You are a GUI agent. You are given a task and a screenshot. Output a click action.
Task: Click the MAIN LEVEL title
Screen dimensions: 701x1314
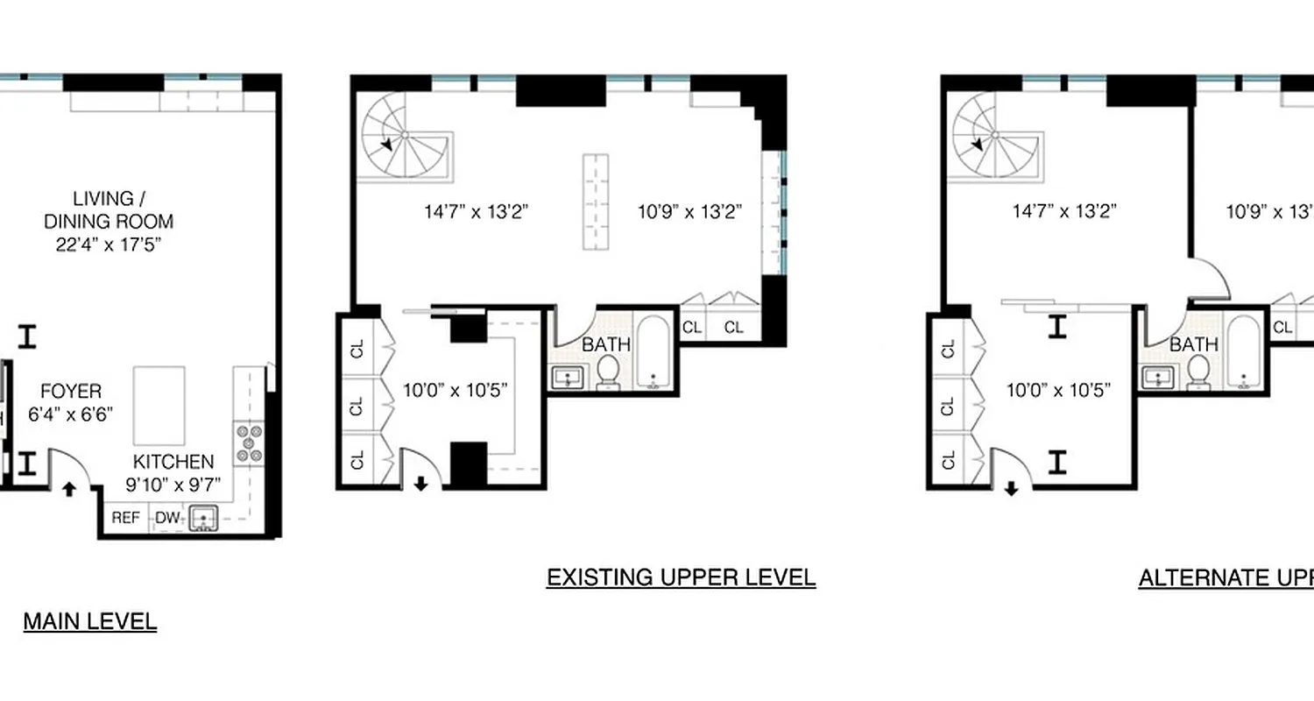90,622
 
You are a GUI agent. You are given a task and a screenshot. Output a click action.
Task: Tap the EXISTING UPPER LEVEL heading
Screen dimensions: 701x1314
681,577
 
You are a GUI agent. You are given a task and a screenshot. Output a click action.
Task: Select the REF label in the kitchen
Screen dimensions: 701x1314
125,518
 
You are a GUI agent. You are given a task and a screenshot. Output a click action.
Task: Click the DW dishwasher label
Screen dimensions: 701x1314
167,518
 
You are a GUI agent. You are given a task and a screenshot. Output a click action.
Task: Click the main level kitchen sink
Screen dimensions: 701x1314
204,518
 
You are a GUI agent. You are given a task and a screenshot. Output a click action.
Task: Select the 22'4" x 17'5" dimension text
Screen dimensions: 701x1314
109,244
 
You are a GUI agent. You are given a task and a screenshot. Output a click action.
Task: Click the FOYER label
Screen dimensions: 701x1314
71,392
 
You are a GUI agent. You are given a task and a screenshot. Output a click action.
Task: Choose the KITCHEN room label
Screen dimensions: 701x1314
173,462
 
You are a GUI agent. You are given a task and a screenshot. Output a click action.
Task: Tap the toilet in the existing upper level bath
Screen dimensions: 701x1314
608,374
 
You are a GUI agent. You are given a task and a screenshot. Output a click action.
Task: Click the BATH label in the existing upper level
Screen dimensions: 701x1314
606,344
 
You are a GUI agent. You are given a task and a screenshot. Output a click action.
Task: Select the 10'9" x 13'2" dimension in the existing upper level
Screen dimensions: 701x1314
689,211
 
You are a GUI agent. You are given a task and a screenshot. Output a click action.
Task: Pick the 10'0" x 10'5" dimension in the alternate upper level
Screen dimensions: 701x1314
1058,390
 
